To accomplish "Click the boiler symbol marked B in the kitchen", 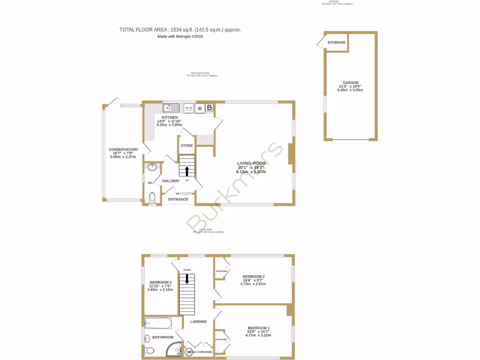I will point(210,108).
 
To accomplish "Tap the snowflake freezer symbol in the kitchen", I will point(200,108).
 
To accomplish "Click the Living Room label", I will point(251,163).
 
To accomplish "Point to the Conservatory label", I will point(124,150).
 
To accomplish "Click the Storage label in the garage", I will point(337,42).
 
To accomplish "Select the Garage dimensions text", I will point(350,88).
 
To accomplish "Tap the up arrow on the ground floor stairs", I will point(187,171).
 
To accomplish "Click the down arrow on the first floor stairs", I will point(187,279).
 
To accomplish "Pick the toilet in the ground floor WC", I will point(152,199).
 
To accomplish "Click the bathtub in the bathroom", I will point(158,322).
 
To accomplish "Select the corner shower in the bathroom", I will point(176,349).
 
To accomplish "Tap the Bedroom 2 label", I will point(254,277).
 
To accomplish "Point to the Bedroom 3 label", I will point(160,282).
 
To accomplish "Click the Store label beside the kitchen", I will point(187,146).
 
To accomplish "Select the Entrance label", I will point(178,199).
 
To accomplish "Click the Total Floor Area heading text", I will point(180,30).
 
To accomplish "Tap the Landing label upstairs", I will point(199,322).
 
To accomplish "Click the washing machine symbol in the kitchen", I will point(189,108).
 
